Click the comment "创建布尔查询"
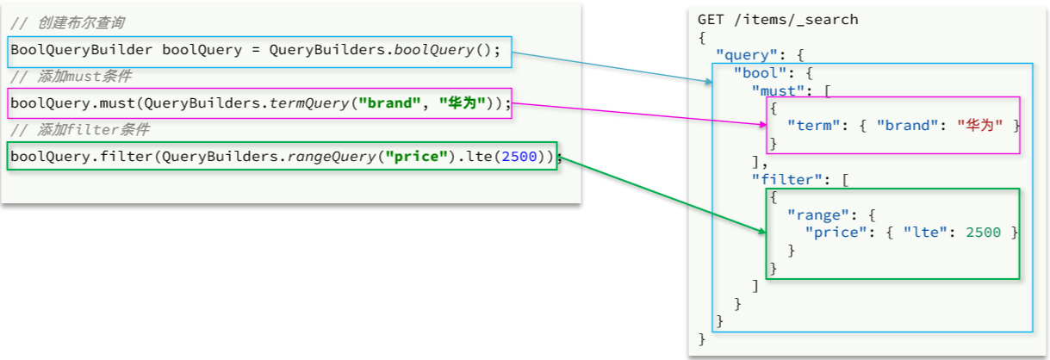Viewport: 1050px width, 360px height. pyautogui.click(x=81, y=22)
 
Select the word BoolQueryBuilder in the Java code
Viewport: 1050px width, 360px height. pyautogui.click(x=81, y=50)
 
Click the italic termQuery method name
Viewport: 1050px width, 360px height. pyautogui.click(x=309, y=103)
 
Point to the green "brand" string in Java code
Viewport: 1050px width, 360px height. pyautogui.click(x=389, y=103)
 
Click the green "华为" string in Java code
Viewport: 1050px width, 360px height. pyautogui.click(x=463, y=103)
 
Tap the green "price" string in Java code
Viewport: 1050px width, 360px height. pyautogui.click(x=416, y=157)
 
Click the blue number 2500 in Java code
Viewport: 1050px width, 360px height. pyautogui.click(x=519, y=157)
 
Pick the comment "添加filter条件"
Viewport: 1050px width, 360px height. pyautogui.click(x=94, y=129)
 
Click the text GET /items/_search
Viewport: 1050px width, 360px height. pyautogui.click(x=778, y=20)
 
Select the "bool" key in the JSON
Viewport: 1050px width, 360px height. pyautogui.click(x=760, y=72)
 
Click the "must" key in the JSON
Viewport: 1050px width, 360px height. pyautogui.click(x=778, y=90)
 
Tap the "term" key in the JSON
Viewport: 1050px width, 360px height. pyautogui.click(x=813, y=126)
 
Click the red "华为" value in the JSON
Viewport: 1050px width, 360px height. pyautogui.click(x=979, y=126)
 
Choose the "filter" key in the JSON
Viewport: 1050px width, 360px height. pyautogui.click(x=786, y=179)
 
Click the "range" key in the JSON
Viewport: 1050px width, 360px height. pyautogui.click(x=818, y=215)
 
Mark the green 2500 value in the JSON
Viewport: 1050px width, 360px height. pyautogui.click(x=983, y=233)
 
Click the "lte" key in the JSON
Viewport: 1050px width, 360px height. pyautogui.click(x=922, y=233)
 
